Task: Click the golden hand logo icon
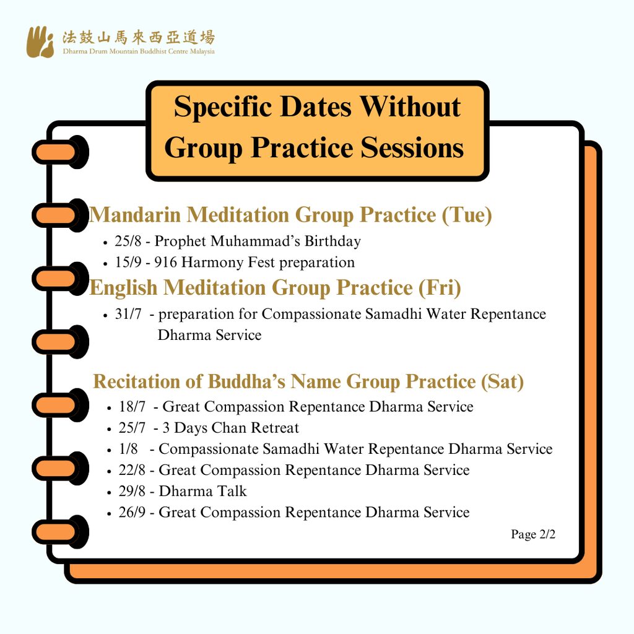[x=40, y=42]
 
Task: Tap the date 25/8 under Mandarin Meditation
[x=128, y=241]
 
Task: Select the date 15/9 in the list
[x=128, y=262]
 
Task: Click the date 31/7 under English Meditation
[x=128, y=314]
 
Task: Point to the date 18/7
[x=132, y=406]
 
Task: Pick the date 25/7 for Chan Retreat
[x=132, y=427]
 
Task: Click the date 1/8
[x=128, y=448]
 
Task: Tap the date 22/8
[x=132, y=470]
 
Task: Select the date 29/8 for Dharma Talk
[x=132, y=491]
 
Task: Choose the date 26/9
[x=132, y=512]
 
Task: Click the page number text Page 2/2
[x=533, y=534]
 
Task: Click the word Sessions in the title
[x=412, y=147]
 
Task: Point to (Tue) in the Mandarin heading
[x=467, y=215]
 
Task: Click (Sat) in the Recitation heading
[x=502, y=381]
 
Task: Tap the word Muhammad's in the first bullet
[x=255, y=241]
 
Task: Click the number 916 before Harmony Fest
[x=165, y=262]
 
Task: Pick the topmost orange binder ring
[x=60, y=152]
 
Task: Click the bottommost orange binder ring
[x=60, y=532]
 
